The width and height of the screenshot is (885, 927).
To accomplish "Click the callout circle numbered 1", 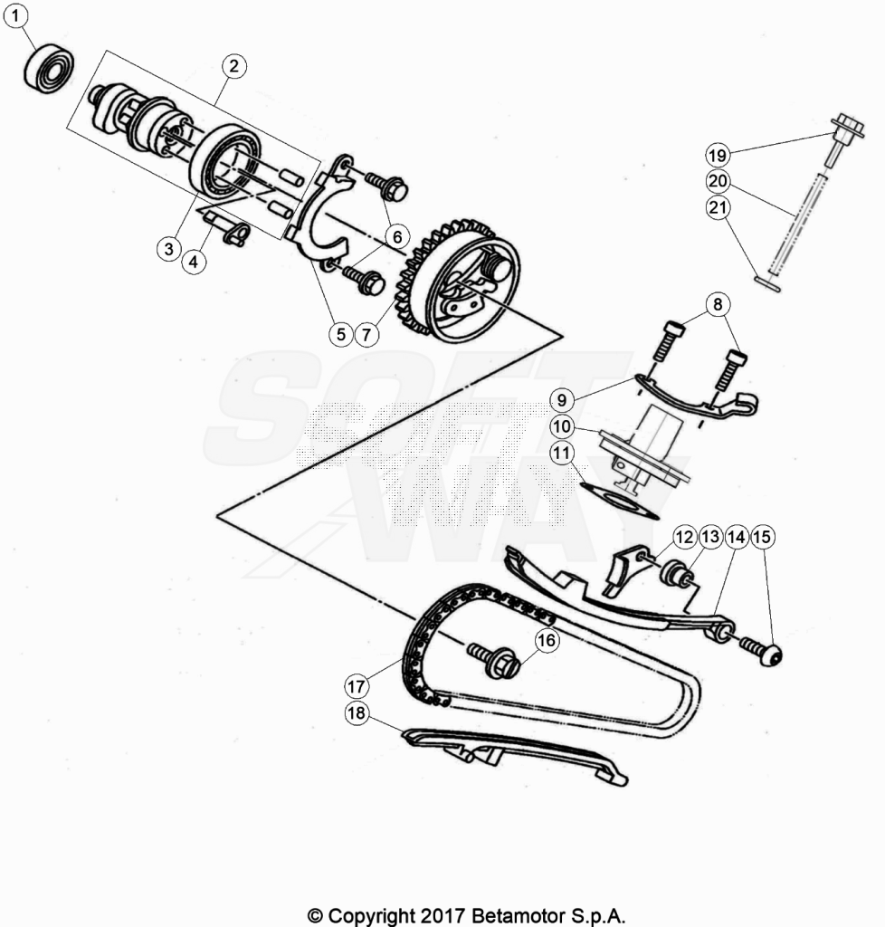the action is click(15, 16).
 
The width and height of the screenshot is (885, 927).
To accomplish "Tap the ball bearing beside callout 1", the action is click(49, 71).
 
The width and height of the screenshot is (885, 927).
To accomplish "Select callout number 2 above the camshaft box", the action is click(234, 65).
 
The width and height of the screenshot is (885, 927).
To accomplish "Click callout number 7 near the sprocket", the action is click(366, 335).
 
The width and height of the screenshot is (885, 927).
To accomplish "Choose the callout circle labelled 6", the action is click(397, 237).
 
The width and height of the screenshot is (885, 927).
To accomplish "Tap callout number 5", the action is click(341, 334).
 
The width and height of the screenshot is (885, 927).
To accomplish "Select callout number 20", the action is click(718, 181).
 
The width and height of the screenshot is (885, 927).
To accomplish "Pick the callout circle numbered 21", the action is click(718, 207).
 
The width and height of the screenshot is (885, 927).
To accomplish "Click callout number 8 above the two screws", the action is click(718, 304).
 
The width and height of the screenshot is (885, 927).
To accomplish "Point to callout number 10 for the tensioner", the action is click(561, 426).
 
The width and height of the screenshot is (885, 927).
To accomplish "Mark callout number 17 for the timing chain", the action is click(357, 686).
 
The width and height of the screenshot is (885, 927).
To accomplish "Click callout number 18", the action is click(357, 713).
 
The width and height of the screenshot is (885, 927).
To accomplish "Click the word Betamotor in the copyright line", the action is click(518, 916).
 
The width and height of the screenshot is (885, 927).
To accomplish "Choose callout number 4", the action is click(194, 261).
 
